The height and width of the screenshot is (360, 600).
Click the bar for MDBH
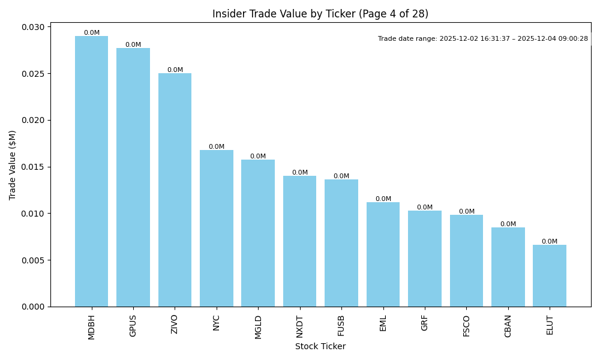(x=91, y=171)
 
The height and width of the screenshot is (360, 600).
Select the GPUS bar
(x=133, y=177)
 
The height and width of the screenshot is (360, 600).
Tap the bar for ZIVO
(x=175, y=190)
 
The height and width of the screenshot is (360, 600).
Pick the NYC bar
(x=217, y=228)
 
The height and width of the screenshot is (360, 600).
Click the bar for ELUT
(x=550, y=275)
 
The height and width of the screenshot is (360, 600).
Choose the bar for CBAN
(x=508, y=267)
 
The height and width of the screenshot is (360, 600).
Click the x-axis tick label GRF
(x=425, y=323)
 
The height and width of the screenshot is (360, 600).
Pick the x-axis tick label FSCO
(x=466, y=326)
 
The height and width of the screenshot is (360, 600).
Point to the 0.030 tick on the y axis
(x=34, y=27)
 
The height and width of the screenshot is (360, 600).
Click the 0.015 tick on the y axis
(x=34, y=167)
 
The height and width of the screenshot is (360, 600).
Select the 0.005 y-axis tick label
(x=34, y=260)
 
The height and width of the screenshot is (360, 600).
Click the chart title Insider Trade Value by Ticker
(x=320, y=14)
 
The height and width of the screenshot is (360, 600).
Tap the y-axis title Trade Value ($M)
(x=13, y=165)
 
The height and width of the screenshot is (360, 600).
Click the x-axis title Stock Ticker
(x=320, y=346)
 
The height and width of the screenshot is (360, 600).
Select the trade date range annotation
(x=483, y=39)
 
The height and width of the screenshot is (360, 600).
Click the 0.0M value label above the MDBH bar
(x=92, y=33)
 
